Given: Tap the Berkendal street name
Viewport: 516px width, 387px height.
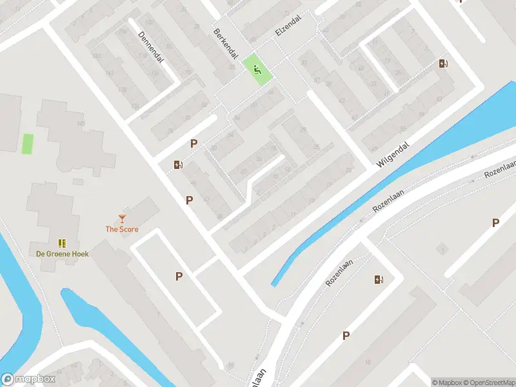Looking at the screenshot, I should pyautogui.click(x=226, y=45).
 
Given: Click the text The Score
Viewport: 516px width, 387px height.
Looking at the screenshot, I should pyautogui.click(x=122, y=229).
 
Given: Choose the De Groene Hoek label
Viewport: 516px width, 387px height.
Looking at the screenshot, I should pyautogui.click(x=62, y=253).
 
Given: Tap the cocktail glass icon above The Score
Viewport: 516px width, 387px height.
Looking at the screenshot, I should pyautogui.click(x=122, y=219).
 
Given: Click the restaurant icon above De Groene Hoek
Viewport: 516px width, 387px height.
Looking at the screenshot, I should pyautogui.click(x=62, y=243).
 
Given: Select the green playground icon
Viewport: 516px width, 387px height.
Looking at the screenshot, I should pyautogui.click(x=257, y=70).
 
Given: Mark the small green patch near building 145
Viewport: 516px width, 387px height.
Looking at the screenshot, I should pyautogui.click(x=28, y=143).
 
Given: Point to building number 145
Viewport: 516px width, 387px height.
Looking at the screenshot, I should pyautogui.click(x=81, y=123).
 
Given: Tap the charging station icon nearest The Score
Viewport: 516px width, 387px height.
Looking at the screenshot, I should pyautogui.click(x=178, y=164).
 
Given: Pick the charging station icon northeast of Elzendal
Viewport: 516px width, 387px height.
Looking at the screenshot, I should pyautogui.click(x=443, y=63).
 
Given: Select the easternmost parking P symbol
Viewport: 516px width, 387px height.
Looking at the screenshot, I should pyautogui.click(x=495, y=223).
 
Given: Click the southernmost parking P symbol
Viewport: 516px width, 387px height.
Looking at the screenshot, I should pyautogui.click(x=346, y=335).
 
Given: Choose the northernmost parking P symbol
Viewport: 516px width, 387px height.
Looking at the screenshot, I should pyautogui.click(x=193, y=143).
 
